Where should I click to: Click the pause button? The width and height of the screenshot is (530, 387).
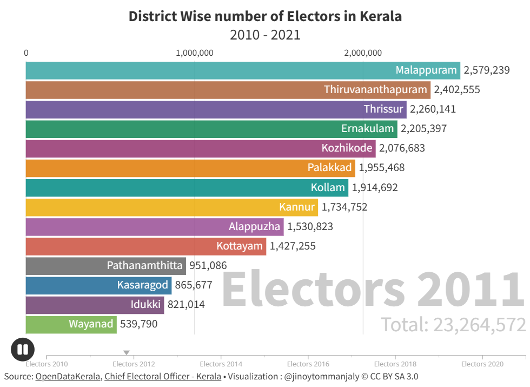click(23, 350)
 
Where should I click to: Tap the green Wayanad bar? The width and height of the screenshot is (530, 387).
click(71, 324)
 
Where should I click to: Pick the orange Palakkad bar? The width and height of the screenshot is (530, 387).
click(190, 168)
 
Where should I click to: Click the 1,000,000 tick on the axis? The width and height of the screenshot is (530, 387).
click(195, 53)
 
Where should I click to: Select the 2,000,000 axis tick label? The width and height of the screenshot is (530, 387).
click(363, 53)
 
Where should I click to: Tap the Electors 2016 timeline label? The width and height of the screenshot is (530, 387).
click(308, 364)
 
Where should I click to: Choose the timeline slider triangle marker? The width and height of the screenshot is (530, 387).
click(127, 353)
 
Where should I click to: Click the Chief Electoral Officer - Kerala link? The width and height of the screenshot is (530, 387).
click(163, 376)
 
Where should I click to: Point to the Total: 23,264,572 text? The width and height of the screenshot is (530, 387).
click(453, 325)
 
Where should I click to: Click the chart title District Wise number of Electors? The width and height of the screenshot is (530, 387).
click(265, 16)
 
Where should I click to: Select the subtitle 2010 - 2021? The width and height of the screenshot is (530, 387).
click(265, 35)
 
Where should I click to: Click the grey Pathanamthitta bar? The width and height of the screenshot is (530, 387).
click(105, 266)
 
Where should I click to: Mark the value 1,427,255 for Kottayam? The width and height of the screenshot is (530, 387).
click(293, 246)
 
